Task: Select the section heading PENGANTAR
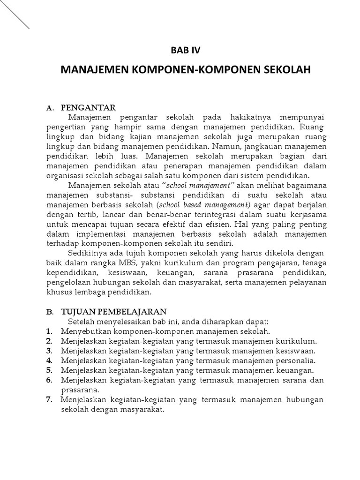click(89, 108)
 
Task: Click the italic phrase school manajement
click(197, 185)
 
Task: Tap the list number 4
click(49, 360)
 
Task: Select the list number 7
click(49, 399)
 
